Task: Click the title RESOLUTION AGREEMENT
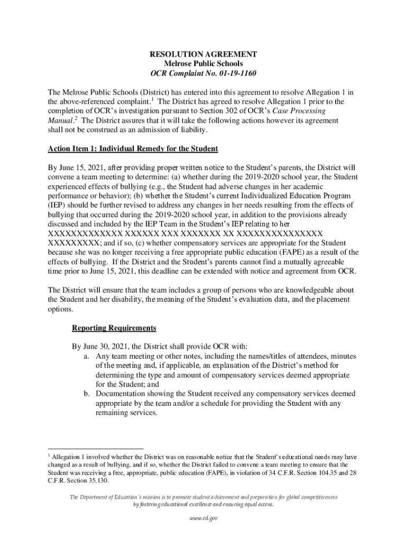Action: [x=203, y=54]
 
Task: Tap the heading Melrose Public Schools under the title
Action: [x=203, y=64]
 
